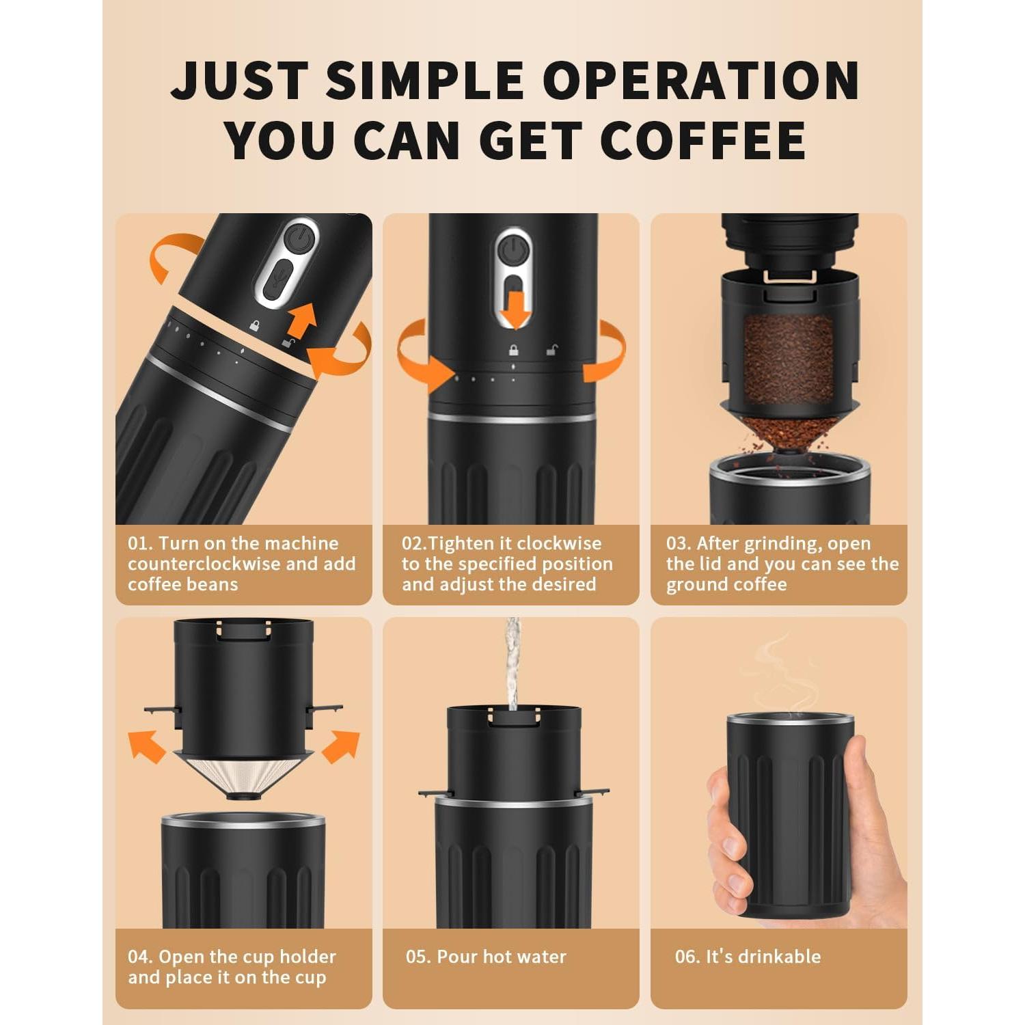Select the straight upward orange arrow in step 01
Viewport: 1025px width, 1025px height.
click(301, 320)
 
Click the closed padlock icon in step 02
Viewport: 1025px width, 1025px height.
click(513, 350)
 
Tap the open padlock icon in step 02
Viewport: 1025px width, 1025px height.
click(551, 350)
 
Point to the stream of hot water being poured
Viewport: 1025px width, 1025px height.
click(512, 663)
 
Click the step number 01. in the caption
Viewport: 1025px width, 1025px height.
click(139, 543)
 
